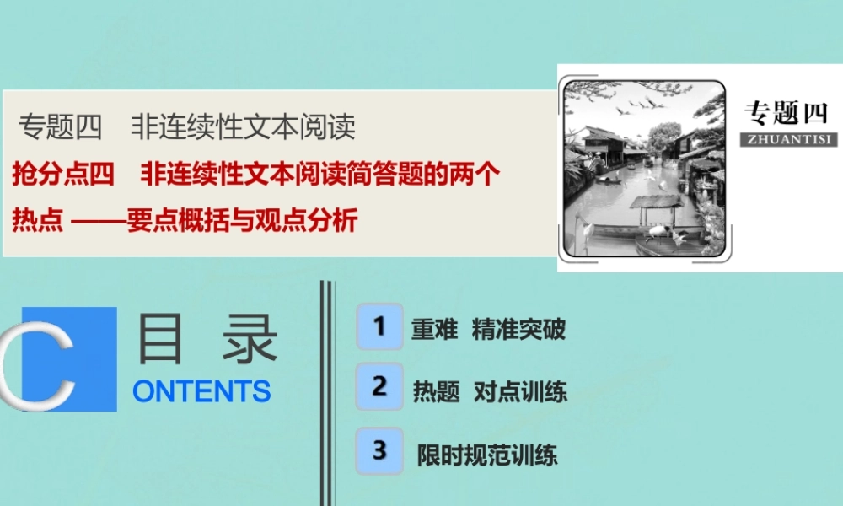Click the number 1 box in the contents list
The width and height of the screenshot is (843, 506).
point(379,326)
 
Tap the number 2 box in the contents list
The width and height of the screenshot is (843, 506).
point(379,386)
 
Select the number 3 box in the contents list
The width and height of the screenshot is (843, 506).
point(379,450)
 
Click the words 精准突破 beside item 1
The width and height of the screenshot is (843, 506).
point(518,329)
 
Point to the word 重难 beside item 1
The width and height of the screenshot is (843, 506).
point(434,329)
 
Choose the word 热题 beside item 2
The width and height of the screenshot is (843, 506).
point(436,391)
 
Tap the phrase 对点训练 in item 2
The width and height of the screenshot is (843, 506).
point(520,391)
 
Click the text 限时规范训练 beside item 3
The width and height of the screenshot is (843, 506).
point(487,455)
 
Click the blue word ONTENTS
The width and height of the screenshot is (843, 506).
point(201,391)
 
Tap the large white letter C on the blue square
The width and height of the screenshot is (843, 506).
point(51,358)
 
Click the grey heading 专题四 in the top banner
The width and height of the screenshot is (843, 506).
point(59,127)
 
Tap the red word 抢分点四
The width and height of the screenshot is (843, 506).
point(62,175)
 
